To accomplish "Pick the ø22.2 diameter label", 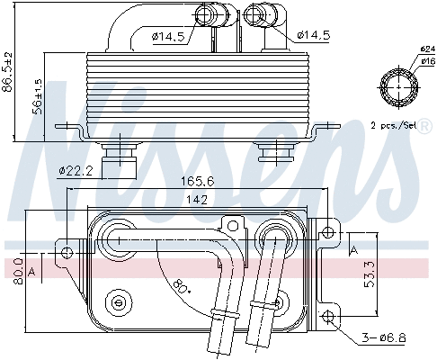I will tap(76, 169).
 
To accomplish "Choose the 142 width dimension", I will tap(186, 198).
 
